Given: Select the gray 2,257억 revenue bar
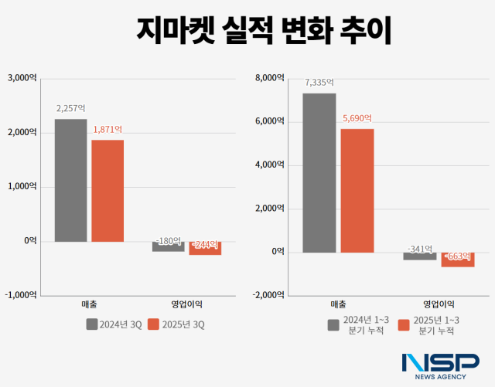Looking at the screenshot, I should (70, 180).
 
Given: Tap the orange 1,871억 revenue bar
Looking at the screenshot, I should (108, 190).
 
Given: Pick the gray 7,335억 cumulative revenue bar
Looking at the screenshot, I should (319, 172).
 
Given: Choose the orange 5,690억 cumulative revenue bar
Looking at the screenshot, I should (357, 190).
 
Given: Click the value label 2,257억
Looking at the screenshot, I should (70, 109).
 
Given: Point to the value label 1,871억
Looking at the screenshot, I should (108, 130).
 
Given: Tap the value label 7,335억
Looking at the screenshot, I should (319, 82).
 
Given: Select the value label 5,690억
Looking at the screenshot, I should (357, 118).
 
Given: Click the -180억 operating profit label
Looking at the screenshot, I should (168, 241).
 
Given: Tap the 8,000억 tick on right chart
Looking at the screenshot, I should (270, 77).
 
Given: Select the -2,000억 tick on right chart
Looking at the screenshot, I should (268, 295).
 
